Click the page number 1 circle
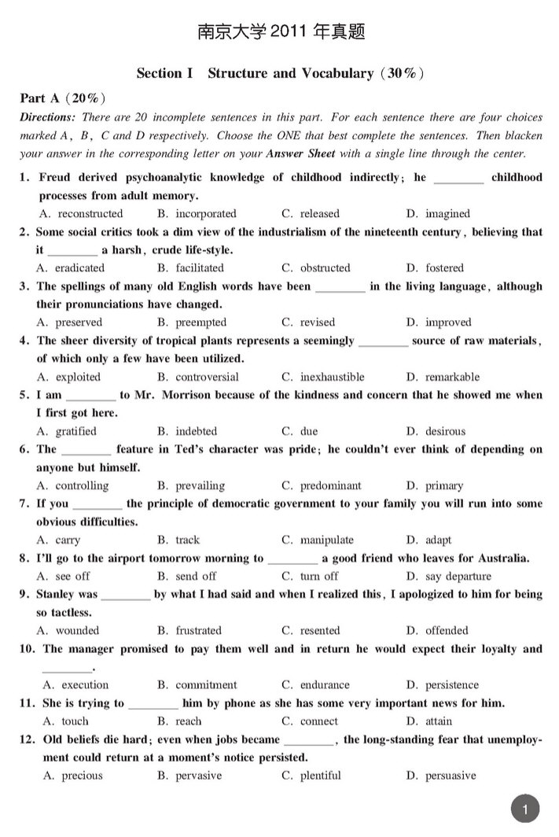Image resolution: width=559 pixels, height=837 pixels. [526, 808]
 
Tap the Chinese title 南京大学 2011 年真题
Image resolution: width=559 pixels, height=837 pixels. [281, 32]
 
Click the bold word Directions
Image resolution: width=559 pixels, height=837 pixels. [48, 117]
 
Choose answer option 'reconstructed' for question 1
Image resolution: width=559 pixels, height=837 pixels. [90, 213]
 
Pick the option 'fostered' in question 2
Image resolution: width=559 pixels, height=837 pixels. [444, 267]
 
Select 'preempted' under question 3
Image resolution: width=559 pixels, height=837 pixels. [200, 322]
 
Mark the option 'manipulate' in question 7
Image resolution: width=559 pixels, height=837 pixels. [326, 540]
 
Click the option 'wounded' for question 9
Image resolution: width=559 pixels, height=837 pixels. [77, 630]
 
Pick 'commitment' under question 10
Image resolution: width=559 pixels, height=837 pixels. [206, 684]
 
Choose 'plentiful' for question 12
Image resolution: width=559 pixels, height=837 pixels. [320, 776]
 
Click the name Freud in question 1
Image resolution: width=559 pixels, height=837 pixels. [55, 177]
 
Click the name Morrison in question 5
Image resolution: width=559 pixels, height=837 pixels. [186, 395]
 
